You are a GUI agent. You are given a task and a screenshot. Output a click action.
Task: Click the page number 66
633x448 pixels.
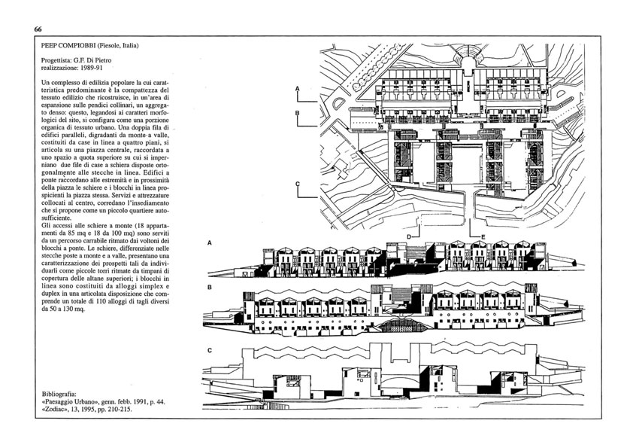[38, 29]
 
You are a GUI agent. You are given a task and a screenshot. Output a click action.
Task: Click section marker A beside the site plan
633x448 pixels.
[298, 89]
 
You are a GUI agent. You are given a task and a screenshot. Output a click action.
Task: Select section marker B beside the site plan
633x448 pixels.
[298, 113]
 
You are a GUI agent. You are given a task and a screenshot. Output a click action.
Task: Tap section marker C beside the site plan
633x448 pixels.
[298, 184]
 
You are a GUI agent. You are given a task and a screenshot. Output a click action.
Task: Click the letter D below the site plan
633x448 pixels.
[408, 236]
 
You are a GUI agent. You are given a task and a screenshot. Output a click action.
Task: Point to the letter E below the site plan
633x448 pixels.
[483, 236]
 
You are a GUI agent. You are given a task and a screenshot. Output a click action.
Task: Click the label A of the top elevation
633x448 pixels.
[209, 243]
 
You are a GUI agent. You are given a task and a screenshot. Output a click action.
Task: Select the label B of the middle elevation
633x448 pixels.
[209, 288]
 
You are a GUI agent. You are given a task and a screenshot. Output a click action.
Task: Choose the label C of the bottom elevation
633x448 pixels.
[209, 351]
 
